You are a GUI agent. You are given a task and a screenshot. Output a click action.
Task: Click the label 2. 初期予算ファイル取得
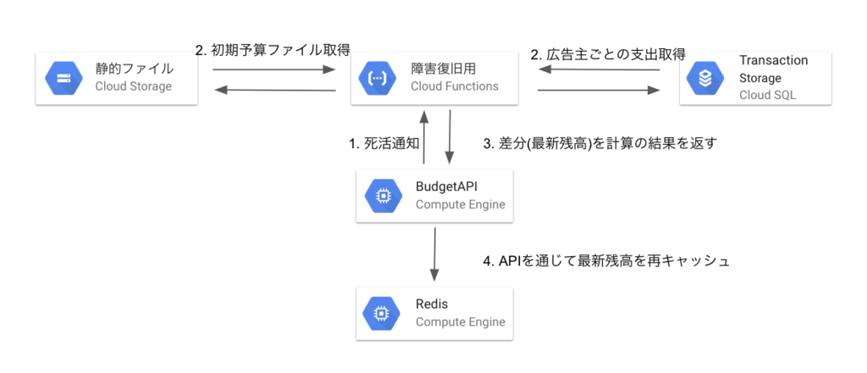(x=273, y=50)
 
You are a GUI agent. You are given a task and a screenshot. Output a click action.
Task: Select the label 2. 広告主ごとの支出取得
(x=607, y=55)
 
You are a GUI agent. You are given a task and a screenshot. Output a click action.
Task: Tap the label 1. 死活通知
(x=384, y=144)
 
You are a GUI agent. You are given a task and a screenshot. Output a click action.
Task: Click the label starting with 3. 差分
(x=599, y=144)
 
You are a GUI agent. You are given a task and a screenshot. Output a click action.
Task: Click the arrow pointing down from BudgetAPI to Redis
(x=435, y=253)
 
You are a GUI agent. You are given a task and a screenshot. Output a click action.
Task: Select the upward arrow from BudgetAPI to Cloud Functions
(x=423, y=137)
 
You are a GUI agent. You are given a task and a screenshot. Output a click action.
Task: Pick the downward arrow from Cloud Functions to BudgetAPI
(x=449, y=137)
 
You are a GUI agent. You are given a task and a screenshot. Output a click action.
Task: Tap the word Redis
(x=431, y=303)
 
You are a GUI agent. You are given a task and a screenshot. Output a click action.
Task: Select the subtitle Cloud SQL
(x=767, y=94)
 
